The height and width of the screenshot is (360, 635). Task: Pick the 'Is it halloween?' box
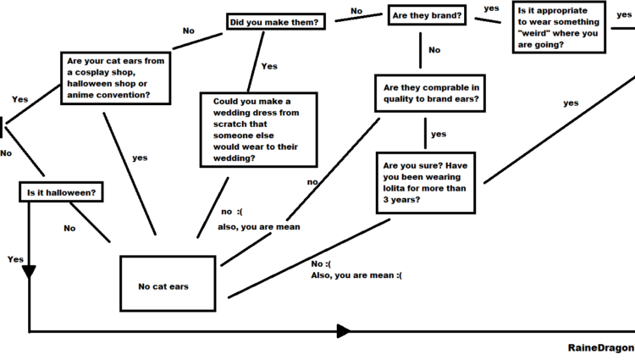click(x=61, y=192)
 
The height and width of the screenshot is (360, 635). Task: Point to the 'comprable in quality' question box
click(x=431, y=93)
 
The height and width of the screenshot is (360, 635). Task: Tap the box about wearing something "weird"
click(x=559, y=27)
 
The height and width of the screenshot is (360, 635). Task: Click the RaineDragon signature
click(x=600, y=348)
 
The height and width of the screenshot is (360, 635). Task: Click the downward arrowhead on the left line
click(x=30, y=271)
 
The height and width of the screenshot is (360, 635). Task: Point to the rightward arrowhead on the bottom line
click(x=343, y=330)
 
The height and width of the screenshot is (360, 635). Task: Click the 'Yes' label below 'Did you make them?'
click(x=269, y=66)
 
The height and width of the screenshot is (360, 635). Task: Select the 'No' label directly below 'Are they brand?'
click(x=434, y=50)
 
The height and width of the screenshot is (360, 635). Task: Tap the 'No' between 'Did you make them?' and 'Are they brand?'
click(x=356, y=11)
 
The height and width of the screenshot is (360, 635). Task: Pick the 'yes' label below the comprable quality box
click(x=438, y=134)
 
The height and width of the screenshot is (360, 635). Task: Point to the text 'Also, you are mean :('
click(x=356, y=274)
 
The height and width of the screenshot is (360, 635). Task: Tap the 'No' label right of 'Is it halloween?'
click(x=69, y=227)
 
